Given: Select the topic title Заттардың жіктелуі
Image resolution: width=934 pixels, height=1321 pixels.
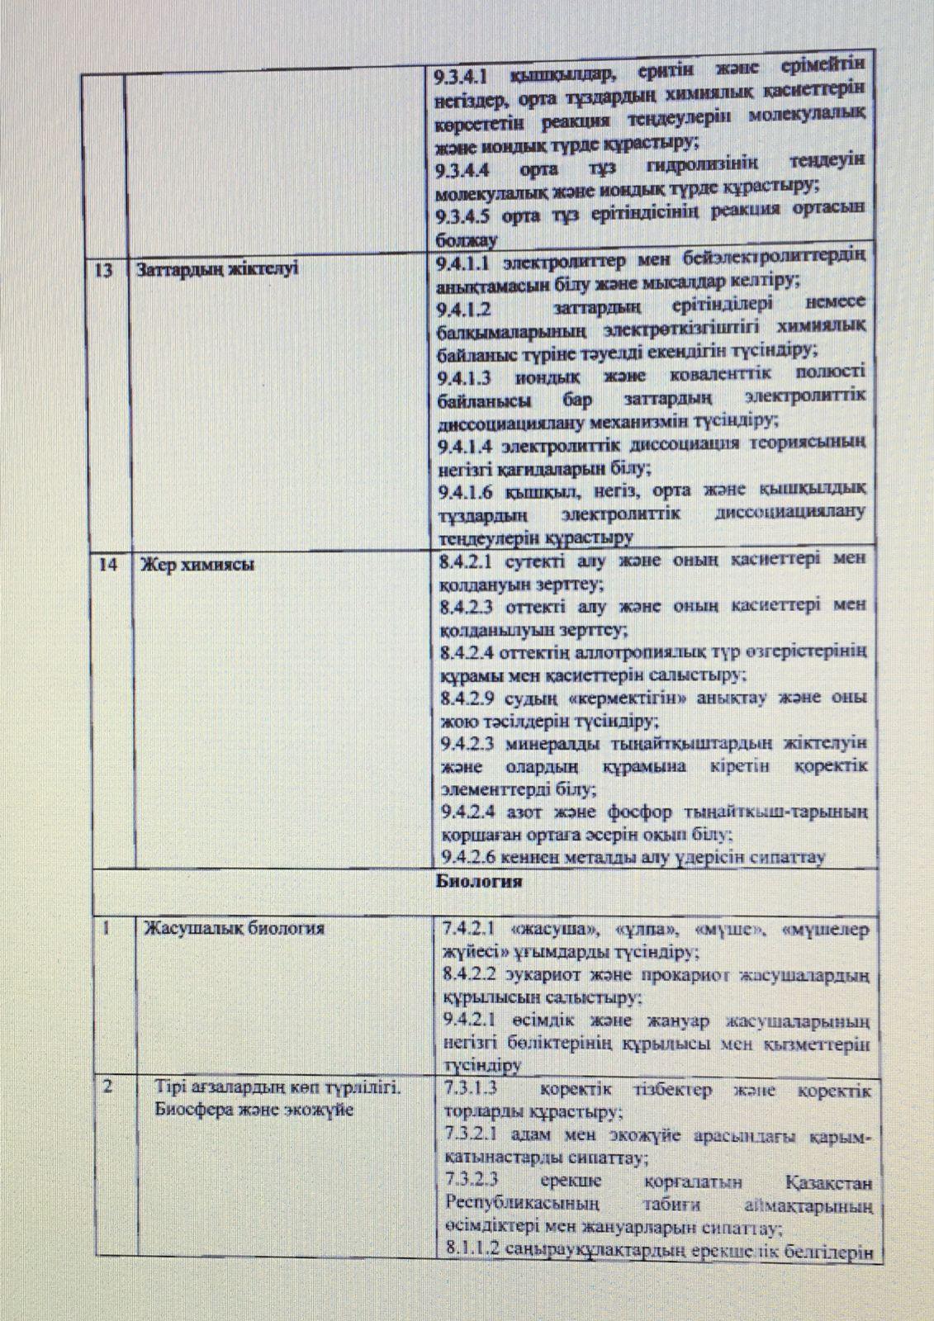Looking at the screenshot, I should (x=216, y=270).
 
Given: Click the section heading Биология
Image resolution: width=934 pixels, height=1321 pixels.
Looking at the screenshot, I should (x=479, y=881).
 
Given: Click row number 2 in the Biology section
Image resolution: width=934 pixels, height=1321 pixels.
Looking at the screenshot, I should (x=108, y=1087).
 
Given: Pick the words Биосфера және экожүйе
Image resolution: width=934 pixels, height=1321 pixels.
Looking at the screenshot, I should (x=254, y=1110).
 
